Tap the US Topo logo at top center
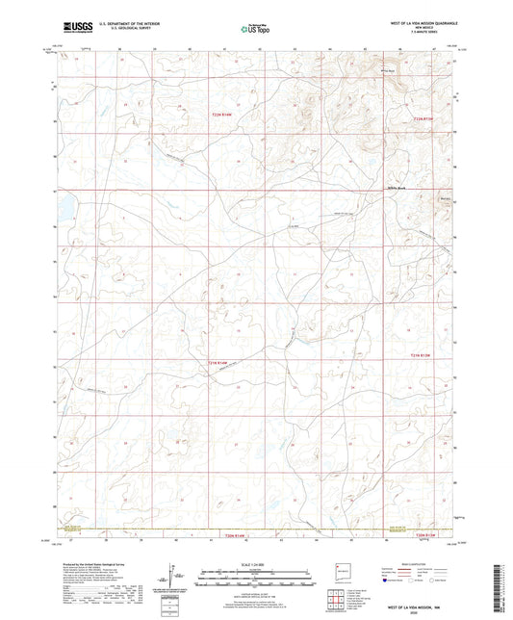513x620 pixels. [x=254, y=29]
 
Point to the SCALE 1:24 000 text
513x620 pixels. [x=256, y=564]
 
